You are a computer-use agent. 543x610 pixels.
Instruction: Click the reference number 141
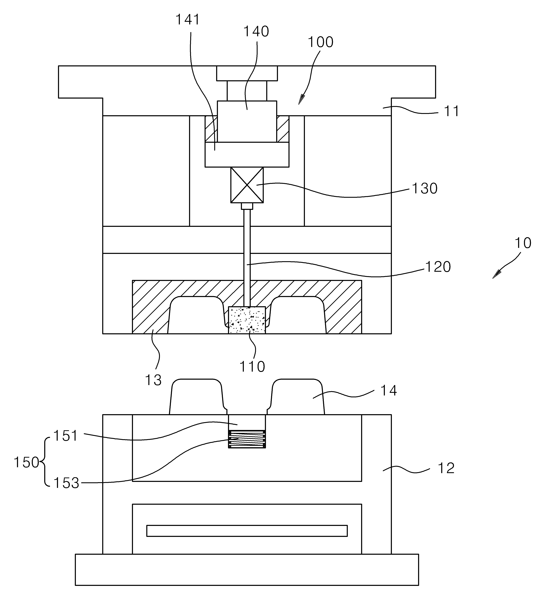pyautogui.click(x=187, y=20)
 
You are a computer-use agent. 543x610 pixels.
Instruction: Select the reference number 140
pyautogui.click(x=256, y=31)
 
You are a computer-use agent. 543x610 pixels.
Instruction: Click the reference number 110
pyautogui.click(x=252, y=366)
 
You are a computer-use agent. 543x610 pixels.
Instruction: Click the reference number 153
pyautogui.click(x=66, y=483)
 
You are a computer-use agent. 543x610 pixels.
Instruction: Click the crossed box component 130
pyautogui.click(x=247, y=185)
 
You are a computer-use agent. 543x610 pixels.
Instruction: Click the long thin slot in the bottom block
pyautogui.click(x=247, y=531)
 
